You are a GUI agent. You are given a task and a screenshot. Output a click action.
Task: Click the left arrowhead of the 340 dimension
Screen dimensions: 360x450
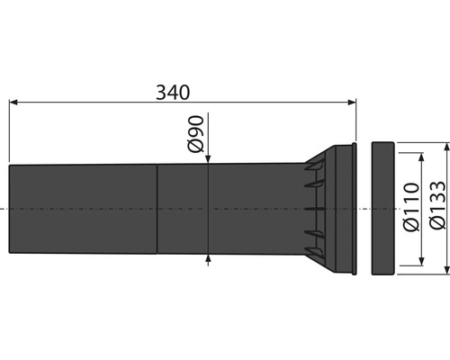(13, 104)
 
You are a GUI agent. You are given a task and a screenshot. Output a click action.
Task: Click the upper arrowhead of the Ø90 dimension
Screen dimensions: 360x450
(209, 159)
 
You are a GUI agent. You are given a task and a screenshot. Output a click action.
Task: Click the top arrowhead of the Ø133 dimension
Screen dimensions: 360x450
(447, 144)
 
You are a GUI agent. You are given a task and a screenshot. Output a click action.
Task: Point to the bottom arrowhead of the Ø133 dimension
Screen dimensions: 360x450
(447, 273)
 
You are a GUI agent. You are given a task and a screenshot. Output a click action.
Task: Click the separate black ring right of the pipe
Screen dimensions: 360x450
(382, 208)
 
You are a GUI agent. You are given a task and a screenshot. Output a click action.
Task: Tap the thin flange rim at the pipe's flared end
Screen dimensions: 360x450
(356, 208)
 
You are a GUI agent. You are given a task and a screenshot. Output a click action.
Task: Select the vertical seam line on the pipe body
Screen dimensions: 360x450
(157, 208)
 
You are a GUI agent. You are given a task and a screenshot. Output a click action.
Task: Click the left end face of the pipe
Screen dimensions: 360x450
(9, 208)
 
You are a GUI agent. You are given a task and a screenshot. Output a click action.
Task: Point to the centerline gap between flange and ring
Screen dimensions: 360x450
(364, 208)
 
